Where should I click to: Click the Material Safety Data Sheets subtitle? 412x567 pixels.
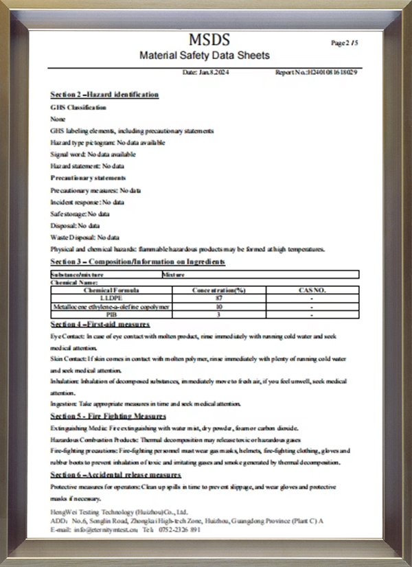click(205, 56)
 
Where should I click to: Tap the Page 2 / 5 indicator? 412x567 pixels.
click(344, 43)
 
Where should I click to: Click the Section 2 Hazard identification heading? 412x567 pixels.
click(104, 94)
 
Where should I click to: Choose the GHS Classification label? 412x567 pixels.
click(78, 107)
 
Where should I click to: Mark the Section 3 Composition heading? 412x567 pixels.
click(137, 262)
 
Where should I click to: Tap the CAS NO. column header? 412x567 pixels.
click(312, 290)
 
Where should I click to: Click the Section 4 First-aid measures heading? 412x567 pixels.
click(100, 324)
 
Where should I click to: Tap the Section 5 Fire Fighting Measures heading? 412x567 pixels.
click(108, 416)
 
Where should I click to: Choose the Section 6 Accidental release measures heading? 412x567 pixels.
click(115, 474)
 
